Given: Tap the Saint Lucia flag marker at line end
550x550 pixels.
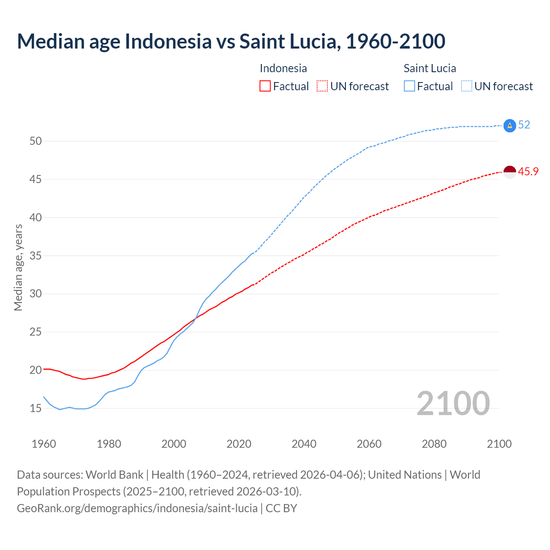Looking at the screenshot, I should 509,125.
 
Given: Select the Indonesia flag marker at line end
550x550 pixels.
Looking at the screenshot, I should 509,172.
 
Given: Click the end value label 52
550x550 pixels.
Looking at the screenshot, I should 524,125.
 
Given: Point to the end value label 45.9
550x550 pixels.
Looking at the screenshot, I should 528,172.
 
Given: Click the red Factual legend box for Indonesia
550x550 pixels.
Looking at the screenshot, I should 265,86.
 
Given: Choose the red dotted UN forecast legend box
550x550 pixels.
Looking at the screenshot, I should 322,86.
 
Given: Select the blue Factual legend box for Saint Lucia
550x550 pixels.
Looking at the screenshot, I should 409,86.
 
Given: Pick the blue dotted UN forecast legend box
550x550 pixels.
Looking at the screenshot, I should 466,86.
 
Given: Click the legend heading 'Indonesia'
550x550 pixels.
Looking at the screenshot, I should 283,68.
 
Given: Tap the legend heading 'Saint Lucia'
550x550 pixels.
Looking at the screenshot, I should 430,68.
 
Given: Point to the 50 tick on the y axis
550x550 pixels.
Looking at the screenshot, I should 35,141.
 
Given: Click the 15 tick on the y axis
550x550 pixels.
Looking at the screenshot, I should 35,408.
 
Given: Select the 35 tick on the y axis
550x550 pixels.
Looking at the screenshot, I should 35,256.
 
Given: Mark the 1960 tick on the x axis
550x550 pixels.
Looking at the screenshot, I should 44,444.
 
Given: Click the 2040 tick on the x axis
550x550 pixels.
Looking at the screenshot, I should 304,444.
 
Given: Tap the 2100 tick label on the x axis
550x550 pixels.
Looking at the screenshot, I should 499,444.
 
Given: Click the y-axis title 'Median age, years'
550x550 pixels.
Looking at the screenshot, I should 18,267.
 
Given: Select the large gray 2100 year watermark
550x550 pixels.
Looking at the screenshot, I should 453,403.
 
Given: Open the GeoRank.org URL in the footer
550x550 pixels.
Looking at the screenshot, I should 137,508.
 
